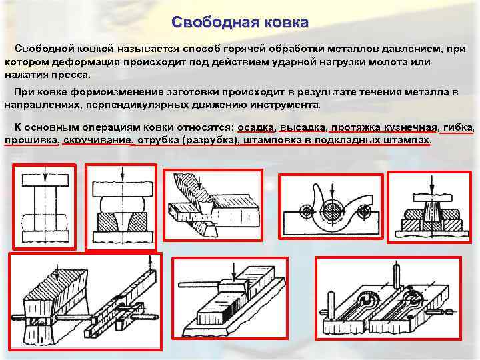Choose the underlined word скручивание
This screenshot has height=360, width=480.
[x=98, y=141]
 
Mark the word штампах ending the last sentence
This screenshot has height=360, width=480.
[x=407, y=141]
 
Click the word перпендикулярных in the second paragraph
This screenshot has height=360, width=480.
[x=131, y=105]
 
